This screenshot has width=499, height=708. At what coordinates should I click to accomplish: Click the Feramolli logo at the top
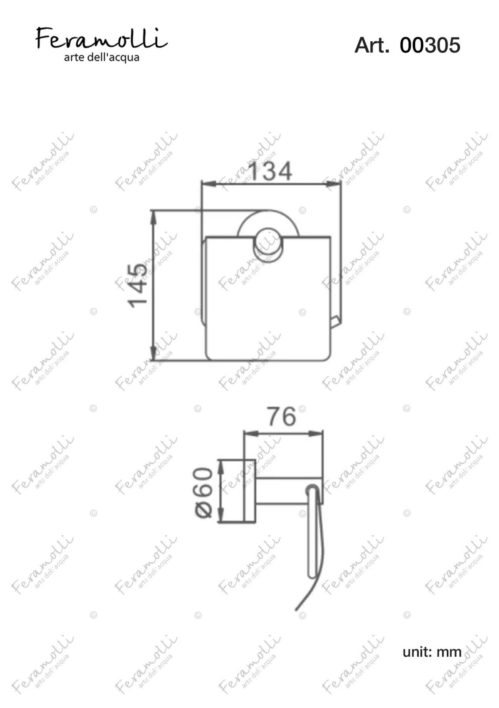coord(102,38)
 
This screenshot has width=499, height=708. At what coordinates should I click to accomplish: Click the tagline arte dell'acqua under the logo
coord(102,57)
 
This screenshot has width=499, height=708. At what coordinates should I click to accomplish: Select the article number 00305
coord(430,45)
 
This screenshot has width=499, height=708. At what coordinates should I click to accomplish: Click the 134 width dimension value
coord(271,171)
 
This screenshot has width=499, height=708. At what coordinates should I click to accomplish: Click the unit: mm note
coord(432,652)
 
